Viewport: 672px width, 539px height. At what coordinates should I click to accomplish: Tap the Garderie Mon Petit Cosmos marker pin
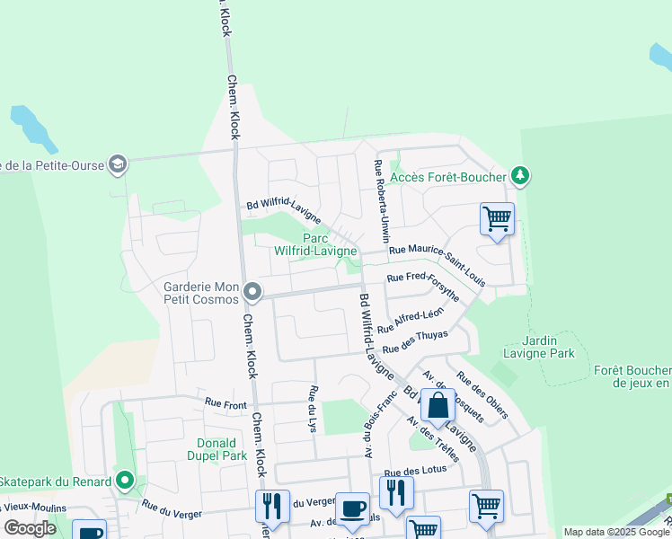tap(253, 291)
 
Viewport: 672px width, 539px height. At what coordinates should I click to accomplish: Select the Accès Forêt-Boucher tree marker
tap(518, 175)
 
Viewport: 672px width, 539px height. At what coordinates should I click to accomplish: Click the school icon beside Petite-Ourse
tap(117, 163)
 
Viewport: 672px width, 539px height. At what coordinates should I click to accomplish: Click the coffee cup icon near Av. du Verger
tap(353, 508)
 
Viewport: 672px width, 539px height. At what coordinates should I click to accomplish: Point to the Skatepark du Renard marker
tap(125, 482)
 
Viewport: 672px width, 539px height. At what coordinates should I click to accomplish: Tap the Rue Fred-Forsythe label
tap(423, 283)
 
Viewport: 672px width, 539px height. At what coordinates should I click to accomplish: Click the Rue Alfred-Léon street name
tap(411, 321)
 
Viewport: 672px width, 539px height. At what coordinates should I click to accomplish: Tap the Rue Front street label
tap(225, 404)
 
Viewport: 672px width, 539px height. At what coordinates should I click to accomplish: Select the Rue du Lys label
tap(314, 409)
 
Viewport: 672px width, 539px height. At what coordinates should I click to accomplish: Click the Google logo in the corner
tap(30, 528)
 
